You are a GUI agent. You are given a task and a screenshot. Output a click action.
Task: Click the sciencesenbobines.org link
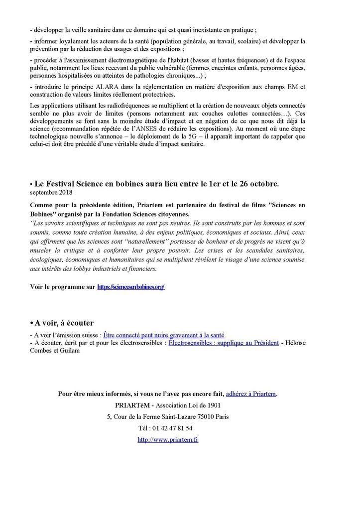(x=131, y=287)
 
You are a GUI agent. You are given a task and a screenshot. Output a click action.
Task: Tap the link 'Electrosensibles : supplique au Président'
(x=224, y=343)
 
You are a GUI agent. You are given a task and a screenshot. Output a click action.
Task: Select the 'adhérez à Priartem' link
(x=251, y=393)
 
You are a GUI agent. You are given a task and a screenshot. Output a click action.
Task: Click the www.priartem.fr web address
(x=167, y=440)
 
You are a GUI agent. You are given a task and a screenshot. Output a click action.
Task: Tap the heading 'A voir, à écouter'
(x=62, y=323)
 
